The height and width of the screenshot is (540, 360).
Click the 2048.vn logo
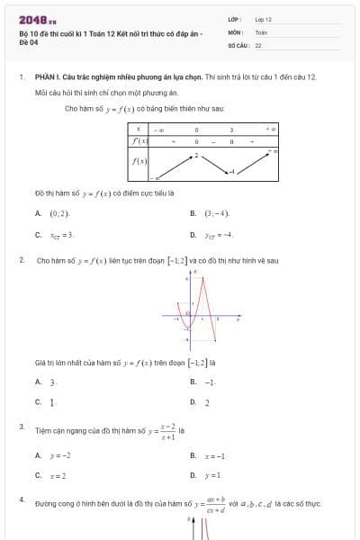[37, 19]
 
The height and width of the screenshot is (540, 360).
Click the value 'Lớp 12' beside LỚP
[264, 19]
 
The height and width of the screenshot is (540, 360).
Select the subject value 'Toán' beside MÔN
[261, 31]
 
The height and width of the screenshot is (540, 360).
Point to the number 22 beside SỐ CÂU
[258, 44]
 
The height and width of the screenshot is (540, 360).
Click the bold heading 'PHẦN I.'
[47, 77]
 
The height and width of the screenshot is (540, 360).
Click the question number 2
[22, 260]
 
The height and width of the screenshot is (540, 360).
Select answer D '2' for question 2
[207, 402]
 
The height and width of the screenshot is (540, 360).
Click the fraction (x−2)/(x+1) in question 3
[167, 432]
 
